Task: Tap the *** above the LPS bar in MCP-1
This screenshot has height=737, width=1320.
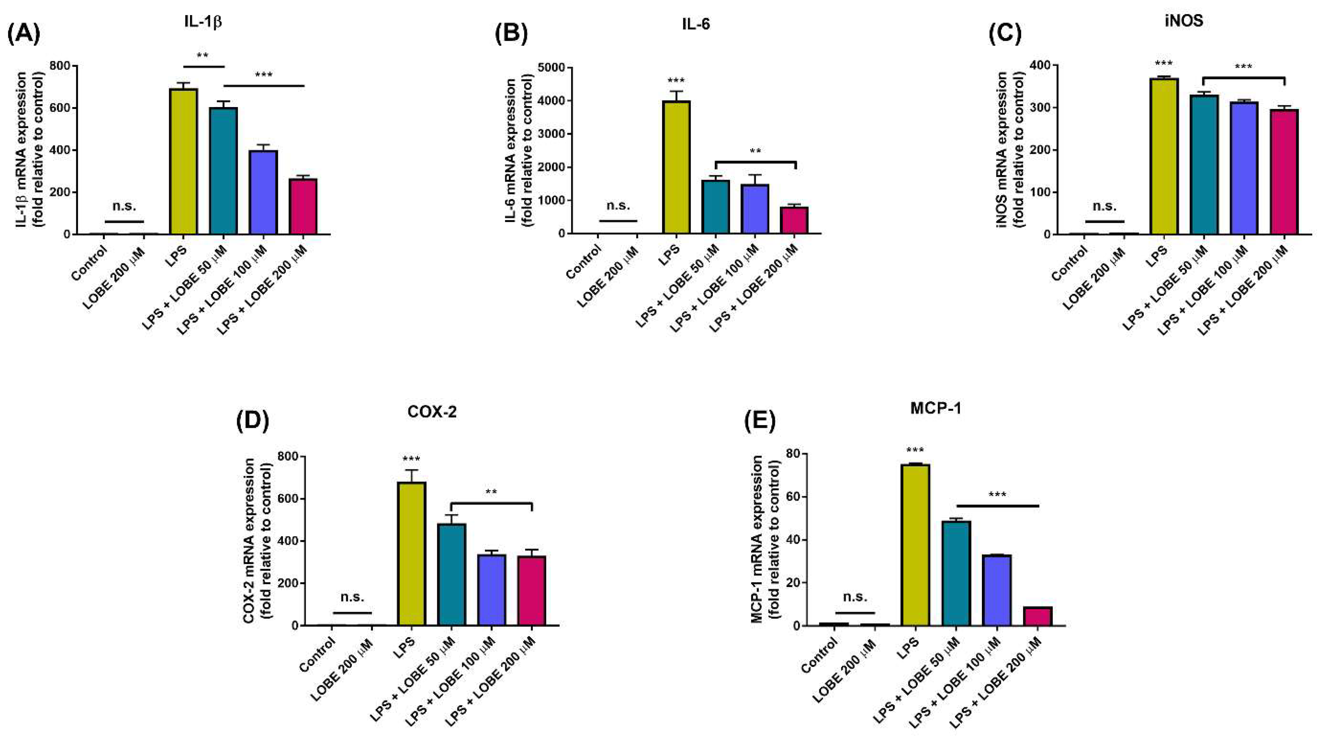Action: (915, 451)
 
